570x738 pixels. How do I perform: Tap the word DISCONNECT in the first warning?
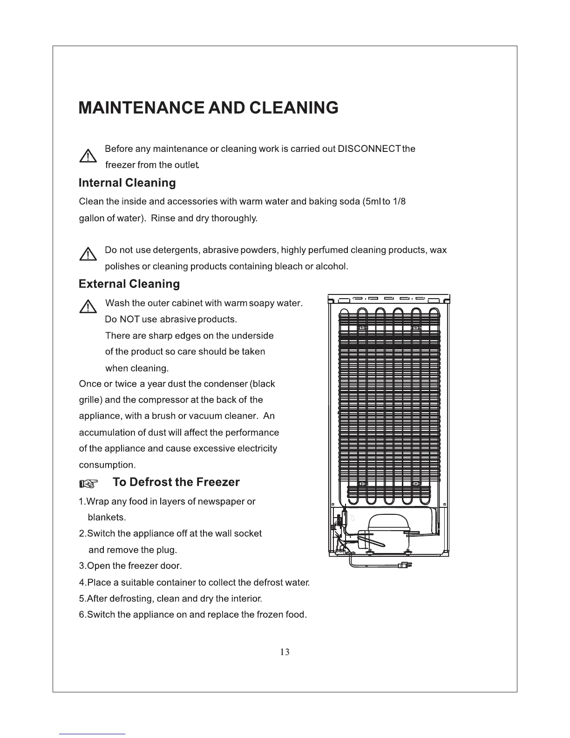click(369, 149)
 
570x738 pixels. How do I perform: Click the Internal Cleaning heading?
click(127, 183)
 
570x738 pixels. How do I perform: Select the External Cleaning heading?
click(129, 284)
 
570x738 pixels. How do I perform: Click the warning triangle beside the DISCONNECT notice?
click(88, 157)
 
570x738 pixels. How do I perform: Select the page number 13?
click(285, 652)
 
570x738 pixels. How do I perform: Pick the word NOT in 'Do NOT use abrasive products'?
click(129, 320)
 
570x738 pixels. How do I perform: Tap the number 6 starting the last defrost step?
click(82, 615)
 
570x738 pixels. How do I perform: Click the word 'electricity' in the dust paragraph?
click(255, 449)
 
